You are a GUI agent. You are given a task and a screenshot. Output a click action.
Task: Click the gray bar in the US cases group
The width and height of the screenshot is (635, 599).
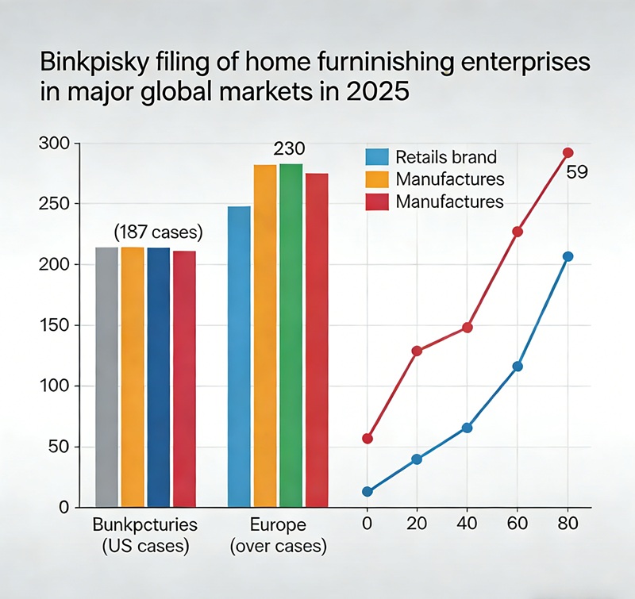point(106,377)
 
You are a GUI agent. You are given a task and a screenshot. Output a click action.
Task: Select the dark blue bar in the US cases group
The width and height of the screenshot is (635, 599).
point(159,377)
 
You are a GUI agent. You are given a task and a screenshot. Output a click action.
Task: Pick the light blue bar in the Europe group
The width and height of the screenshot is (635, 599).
point(239,356)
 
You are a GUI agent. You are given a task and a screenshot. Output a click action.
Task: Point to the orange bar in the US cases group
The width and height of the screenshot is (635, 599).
point(133,377)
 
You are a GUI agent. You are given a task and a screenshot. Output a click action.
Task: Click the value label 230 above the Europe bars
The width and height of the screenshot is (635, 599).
point(289,149)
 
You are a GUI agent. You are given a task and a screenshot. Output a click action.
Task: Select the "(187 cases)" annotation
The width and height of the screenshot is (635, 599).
point(159,233)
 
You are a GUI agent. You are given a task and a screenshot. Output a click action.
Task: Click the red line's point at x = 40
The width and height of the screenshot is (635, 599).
point(468,328)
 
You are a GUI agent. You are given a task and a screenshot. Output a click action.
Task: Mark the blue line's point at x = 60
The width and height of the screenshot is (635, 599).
point(518,367)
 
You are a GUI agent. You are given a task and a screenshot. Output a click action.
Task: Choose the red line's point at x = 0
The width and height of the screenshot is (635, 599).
point(367,439)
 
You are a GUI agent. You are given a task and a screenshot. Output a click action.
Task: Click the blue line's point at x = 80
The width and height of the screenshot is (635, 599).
point(568,256)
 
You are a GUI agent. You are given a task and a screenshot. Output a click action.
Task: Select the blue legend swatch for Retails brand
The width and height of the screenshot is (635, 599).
point(377,156)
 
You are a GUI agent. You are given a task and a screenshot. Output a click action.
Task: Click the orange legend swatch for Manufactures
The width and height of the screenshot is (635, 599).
point(377,179)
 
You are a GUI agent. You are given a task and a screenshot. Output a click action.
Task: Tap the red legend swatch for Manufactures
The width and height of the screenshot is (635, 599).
point(377,202)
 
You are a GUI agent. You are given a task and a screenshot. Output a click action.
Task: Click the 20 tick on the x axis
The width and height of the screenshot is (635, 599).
point(417,524)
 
